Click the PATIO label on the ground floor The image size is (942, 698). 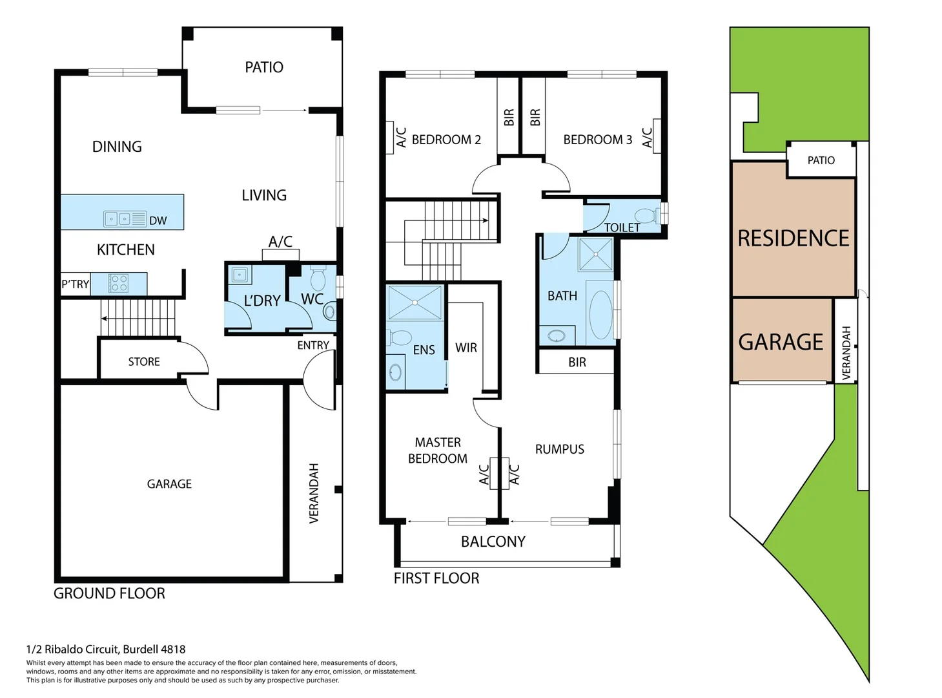263,67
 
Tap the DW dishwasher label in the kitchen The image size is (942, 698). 158,221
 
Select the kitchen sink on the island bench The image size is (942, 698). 117,219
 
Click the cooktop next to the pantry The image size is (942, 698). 119,283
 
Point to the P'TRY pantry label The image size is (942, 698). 75,284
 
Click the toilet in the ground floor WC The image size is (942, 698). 318,279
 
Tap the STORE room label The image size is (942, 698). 143,362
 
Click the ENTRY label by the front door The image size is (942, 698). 313,346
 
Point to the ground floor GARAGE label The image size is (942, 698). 169,484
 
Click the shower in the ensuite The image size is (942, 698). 415,302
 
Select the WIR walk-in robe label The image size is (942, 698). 466,348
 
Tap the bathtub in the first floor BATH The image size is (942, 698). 600,315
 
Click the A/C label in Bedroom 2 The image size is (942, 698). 401,138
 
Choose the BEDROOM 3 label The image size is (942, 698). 597,140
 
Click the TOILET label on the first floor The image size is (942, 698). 622,227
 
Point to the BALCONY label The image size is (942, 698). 493,542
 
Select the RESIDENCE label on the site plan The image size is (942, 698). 793,238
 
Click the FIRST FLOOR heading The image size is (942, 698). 436,578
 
